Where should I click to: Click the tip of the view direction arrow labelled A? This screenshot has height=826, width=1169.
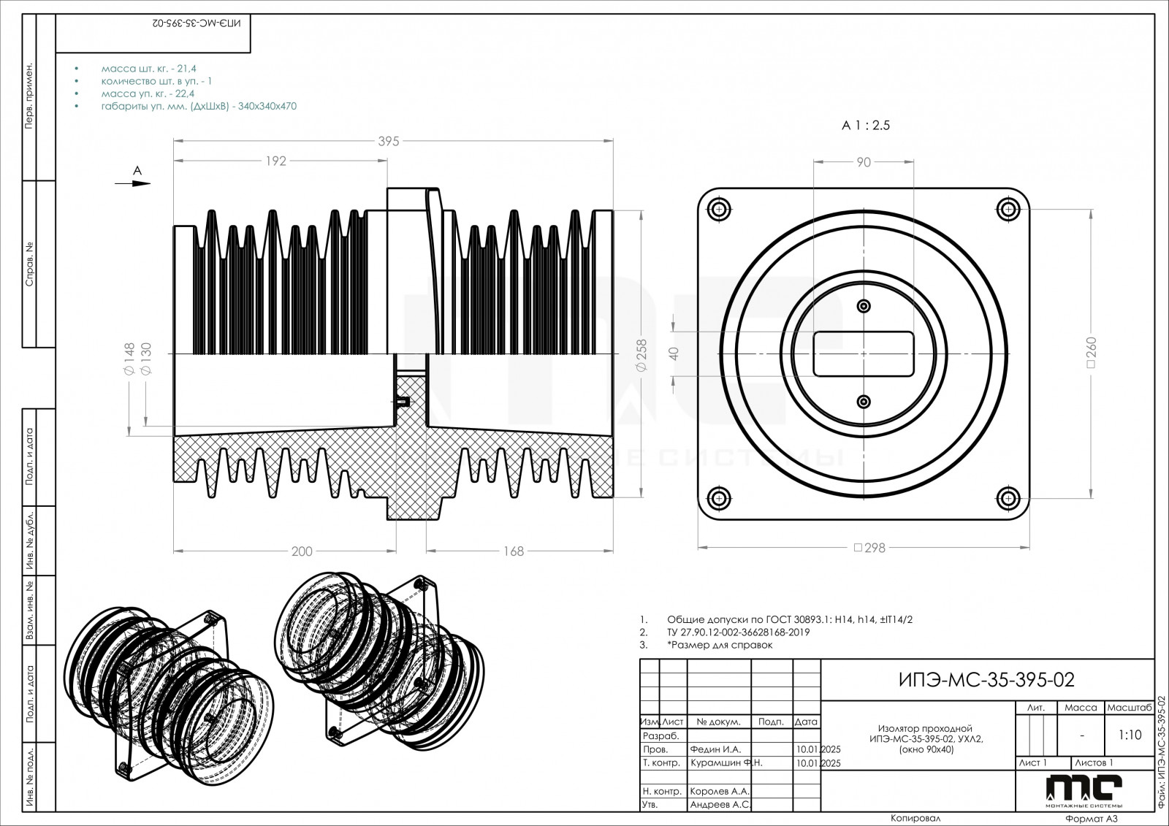[151, 183]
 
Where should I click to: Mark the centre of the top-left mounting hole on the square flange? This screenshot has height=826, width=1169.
[720, 210]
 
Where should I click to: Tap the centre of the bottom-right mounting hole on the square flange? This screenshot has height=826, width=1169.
[1008, 498]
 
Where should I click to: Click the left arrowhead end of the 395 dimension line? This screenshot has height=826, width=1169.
[174, 141]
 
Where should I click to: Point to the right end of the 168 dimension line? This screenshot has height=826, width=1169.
[613, 551]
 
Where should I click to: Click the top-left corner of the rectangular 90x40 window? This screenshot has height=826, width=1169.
[814, 332]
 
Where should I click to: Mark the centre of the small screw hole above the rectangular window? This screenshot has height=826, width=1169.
[864, 306]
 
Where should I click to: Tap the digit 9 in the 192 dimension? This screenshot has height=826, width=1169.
[276, 161]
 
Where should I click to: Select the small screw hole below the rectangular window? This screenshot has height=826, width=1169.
[864, 402]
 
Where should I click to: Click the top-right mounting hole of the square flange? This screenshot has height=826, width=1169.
[1008, 210]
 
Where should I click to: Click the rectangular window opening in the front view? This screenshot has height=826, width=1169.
[864, 353]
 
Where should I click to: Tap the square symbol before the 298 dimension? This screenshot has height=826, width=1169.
[858, 548]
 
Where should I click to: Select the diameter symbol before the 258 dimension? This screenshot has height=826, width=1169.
[642, 367]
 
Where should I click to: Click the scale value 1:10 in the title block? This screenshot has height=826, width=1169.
[1130, 735]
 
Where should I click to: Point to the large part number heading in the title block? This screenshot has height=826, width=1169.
[986, 680]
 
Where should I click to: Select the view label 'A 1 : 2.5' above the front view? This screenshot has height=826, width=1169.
[866, 125]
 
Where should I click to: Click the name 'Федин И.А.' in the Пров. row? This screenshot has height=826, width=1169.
[715, 749]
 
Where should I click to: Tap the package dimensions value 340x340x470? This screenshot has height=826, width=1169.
[267, 106]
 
